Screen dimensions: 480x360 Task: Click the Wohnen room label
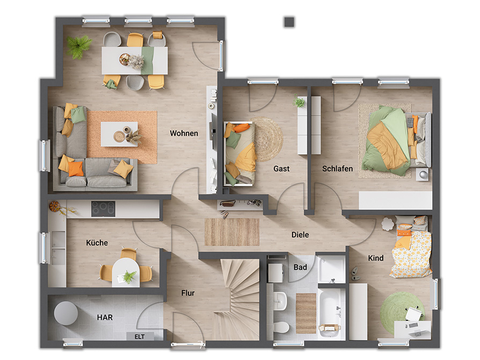coord(184,133)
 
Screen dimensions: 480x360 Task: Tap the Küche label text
coord(97,243)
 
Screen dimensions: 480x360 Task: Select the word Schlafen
coord(337,169)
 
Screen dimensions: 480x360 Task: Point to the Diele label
coord(300,235)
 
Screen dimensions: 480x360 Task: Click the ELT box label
coord(140,337)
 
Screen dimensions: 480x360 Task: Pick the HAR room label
coord(105,318)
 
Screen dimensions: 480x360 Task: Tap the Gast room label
coord(281,169)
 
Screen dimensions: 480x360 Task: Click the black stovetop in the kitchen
coord(103,208)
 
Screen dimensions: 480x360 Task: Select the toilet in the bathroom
coord(281,327)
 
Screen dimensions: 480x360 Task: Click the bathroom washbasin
coord(280,300)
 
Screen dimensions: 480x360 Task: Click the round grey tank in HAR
coord(66,313)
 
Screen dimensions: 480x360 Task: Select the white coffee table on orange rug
coord(119,134)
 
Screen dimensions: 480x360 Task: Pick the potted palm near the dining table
coord(79,46)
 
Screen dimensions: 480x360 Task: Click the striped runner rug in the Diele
coord(232,232)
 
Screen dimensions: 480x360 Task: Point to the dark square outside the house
coord(289,21)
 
